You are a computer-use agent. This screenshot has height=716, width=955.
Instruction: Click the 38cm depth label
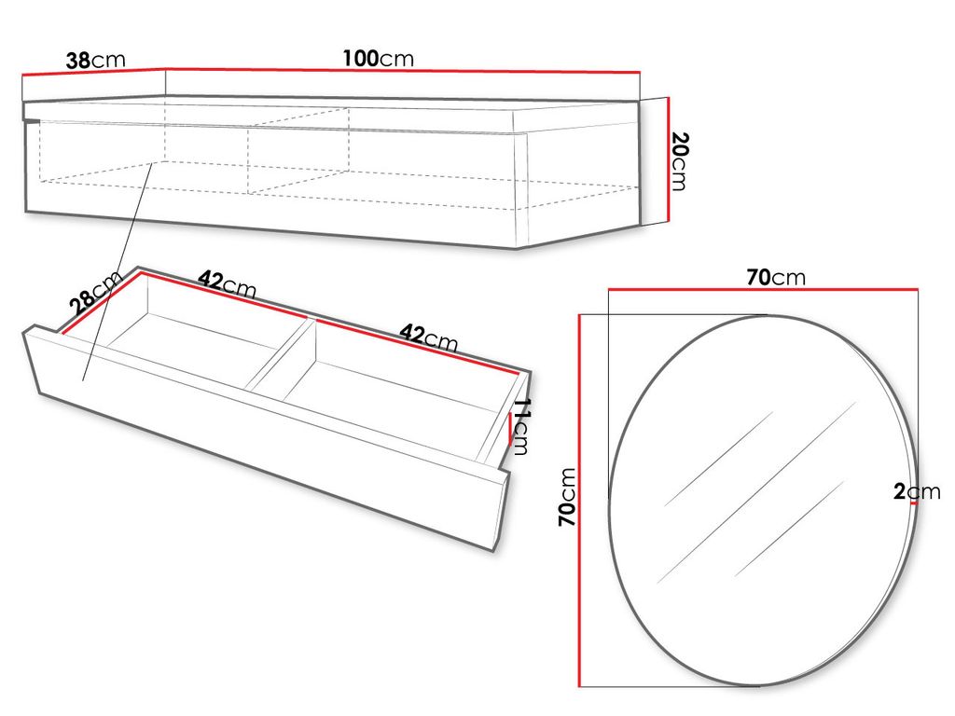click(x=96, y=61)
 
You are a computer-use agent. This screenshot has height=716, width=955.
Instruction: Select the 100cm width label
click(x=379, y=59)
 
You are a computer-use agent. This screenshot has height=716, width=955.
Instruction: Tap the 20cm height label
click(x=679, y=161)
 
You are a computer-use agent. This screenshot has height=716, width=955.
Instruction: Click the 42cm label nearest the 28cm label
click(x=228, y=284)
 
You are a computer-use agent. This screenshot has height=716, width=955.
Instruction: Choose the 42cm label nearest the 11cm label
click(x=428, y=338)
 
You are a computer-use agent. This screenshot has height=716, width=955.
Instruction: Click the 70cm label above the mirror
click(x=776, y=277)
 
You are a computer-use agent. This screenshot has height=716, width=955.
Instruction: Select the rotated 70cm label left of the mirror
click(x=567, y=497)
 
